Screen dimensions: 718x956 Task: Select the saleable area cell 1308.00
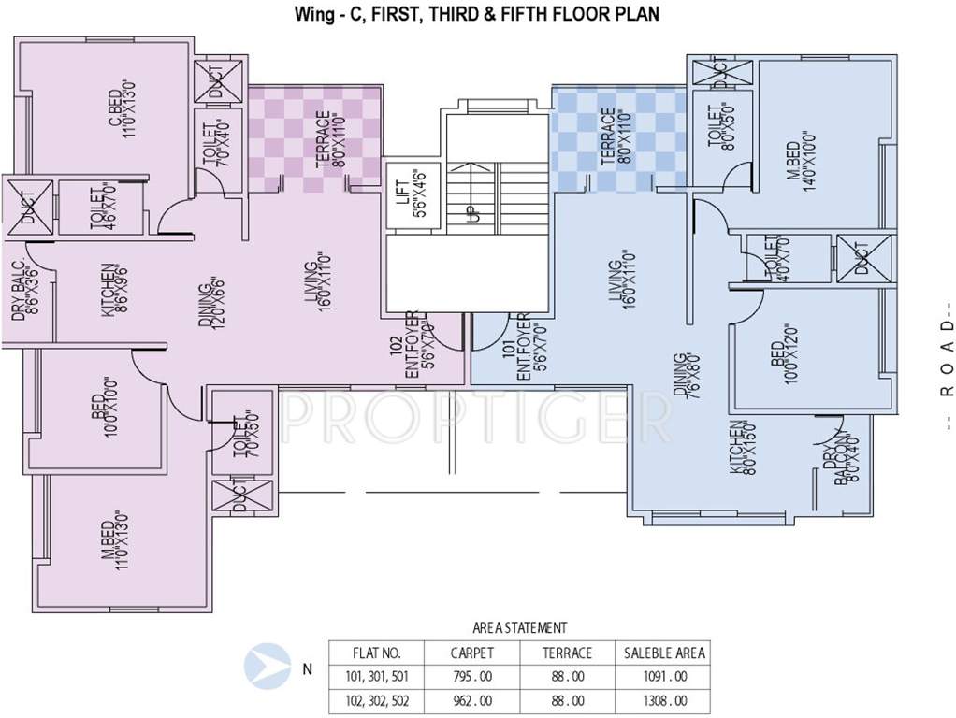[665, 699]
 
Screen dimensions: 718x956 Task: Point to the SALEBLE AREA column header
[665, 653]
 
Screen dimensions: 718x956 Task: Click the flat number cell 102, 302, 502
[376, 699]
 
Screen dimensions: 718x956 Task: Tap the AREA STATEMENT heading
[519, 628]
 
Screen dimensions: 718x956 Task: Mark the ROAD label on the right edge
[947, 359]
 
